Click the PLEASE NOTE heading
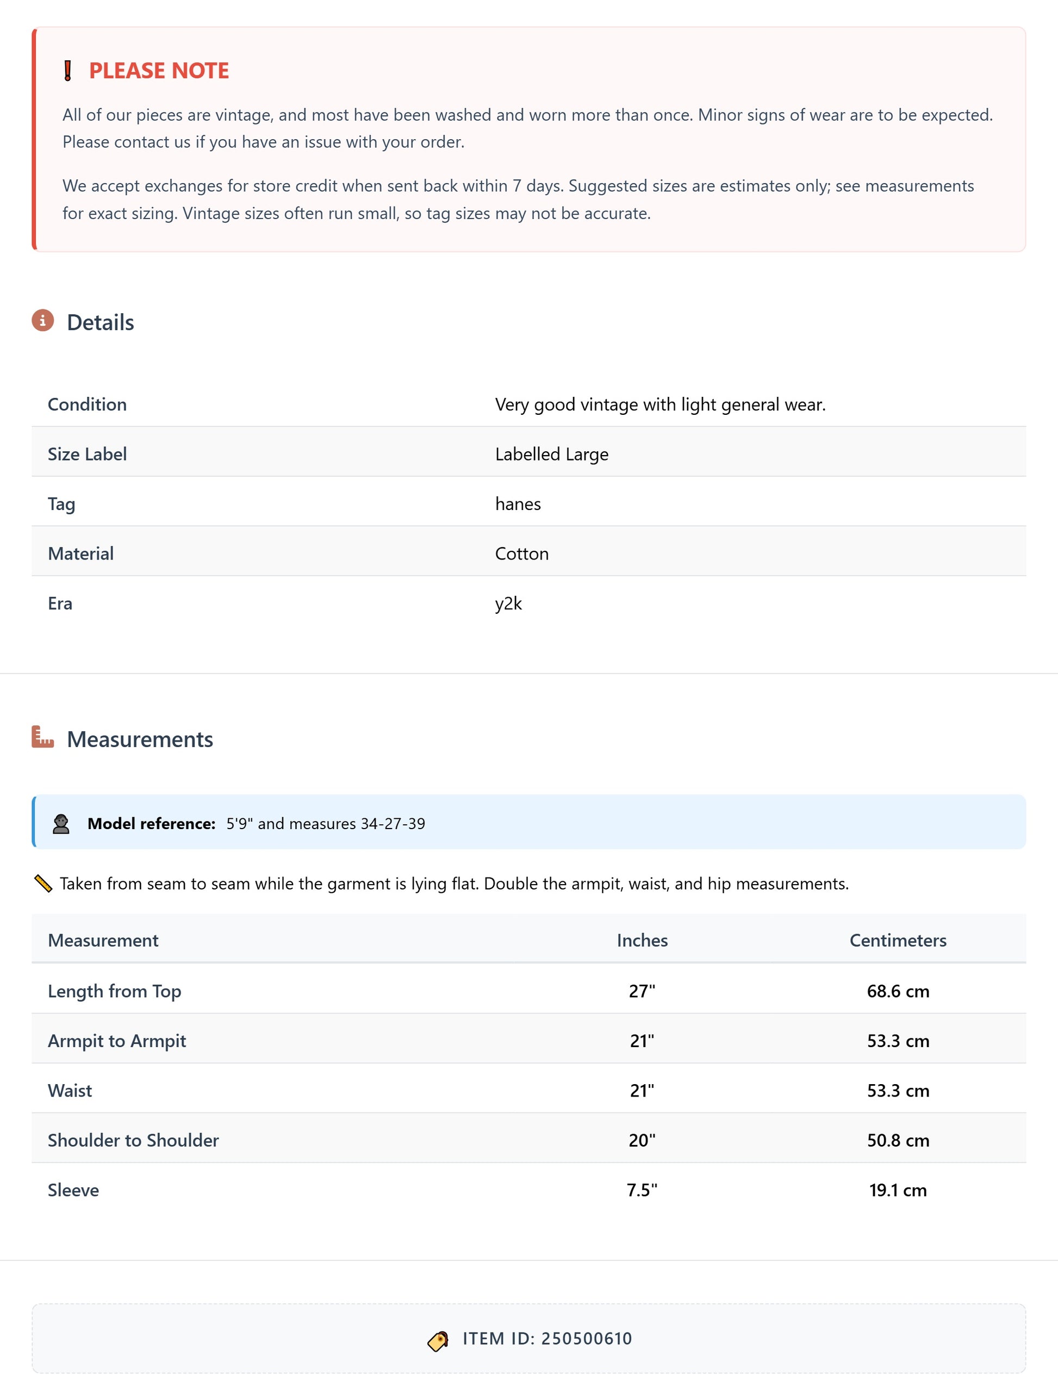[x=159, y=70]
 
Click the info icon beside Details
[x=42, y=321]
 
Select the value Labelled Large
[x=551, y=454]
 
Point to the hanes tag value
[x=518, y=504]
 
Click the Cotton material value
[x=521, y=554]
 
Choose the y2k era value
[x=508, y=603]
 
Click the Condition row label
[x=88, y=405]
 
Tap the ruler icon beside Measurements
[x=42, y=737]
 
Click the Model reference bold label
[x=151, y=824]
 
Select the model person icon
[x=61, y=824]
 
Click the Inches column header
[x=642, y=940]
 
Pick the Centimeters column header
[x=897, y=940]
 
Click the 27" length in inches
[x=642, y=991]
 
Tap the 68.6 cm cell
[x=897, y=991]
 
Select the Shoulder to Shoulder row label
[x=133, y=1140]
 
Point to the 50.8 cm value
[x=897, y=1140]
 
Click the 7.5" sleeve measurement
[x=642, y=1190]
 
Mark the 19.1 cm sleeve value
[x=897, y=1190]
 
